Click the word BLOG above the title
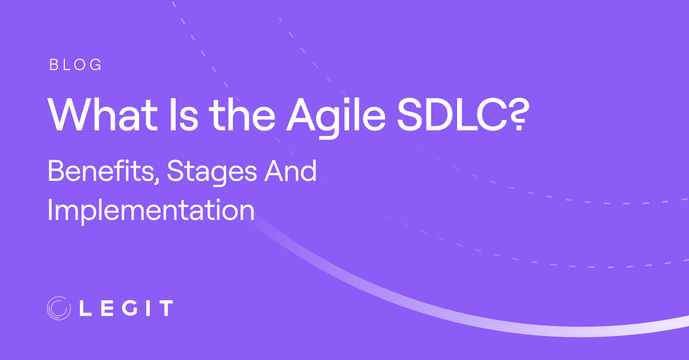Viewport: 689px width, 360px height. click(75, 65)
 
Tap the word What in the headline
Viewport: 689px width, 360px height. click(103, 115)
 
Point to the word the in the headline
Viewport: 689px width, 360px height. click(242, 115)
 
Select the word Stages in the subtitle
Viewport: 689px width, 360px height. click(212, 173)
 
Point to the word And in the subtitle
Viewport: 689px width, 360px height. click(291, 171)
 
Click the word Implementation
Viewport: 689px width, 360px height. click(151, 211)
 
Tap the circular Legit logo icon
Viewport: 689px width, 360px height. click(59, 308)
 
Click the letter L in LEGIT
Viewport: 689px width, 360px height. click(85, 308)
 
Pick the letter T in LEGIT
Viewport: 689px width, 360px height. click(166, 308)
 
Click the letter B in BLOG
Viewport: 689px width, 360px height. click(54, 65)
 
